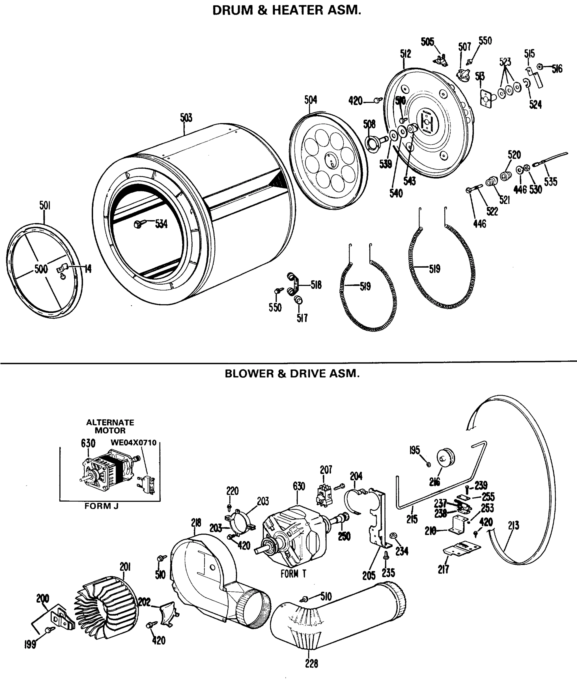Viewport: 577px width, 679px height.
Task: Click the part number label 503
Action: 186,118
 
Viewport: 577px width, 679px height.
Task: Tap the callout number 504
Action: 310,100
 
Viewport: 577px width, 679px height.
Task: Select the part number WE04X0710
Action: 134,442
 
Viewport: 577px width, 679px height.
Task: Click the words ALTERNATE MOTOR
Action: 110,426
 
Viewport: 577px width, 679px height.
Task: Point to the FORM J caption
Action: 102,506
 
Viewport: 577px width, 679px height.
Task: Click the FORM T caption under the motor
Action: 293,574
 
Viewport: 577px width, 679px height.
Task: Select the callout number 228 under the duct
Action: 311,664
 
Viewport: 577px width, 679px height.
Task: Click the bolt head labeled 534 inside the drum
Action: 138,224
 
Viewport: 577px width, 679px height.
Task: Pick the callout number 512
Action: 405,54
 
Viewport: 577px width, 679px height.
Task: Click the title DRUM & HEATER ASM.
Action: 287,10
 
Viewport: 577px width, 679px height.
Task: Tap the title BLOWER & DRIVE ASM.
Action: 292,374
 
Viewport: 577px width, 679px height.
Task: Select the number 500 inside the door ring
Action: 41,269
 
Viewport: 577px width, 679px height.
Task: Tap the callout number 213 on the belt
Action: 513,526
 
